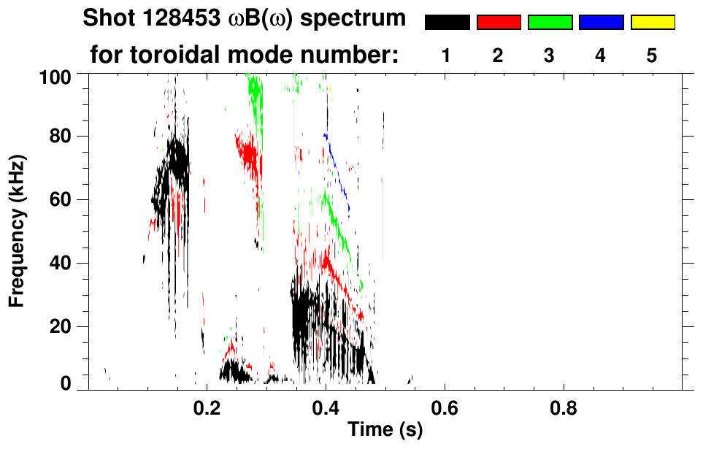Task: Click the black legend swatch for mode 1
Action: (x=447, y=23)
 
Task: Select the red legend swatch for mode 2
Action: (x=499, y=23)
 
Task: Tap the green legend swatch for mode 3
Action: (x=550, y=23)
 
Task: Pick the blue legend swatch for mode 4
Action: (x=601, y=23)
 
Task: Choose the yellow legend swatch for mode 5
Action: (x=652, y=23)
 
